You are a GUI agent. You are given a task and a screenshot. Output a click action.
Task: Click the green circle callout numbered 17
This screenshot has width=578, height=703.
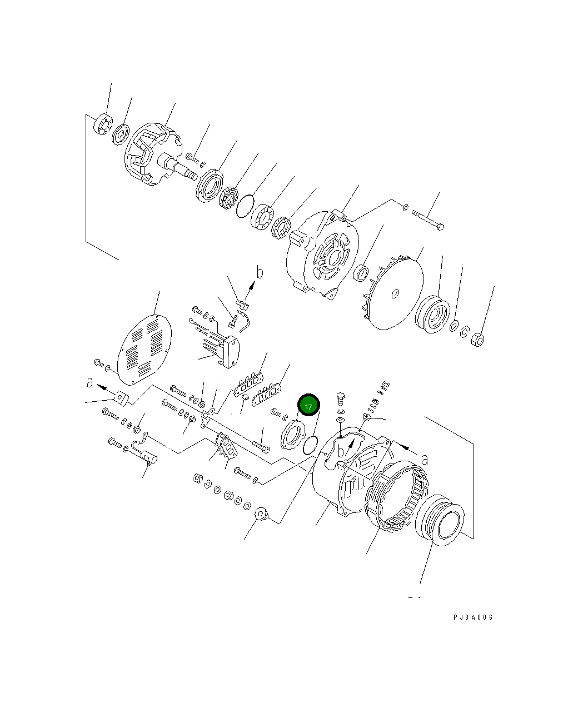point(308,406)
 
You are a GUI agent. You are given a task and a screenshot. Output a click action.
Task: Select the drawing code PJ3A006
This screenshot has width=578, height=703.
point(473,617)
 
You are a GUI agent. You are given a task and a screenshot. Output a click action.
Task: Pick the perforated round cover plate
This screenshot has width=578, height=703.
point(144,350)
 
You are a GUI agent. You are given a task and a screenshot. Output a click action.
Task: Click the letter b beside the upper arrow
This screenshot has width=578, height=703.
point(259,272)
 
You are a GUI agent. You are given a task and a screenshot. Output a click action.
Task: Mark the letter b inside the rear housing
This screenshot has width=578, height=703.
point(341,451)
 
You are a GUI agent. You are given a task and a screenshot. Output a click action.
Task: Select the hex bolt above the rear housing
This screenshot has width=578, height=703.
point(341,398)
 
